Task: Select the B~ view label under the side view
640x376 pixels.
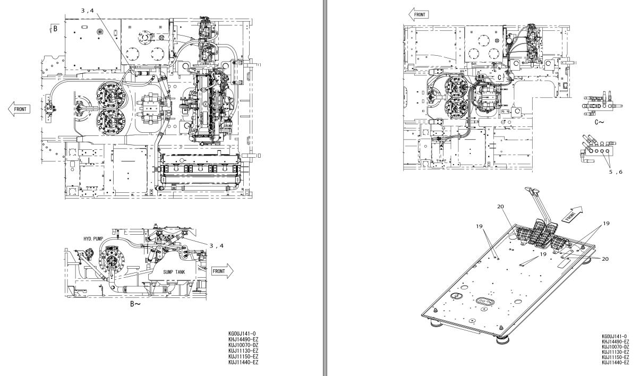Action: (x=135, y=305)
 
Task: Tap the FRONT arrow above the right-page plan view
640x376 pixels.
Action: (x=418, y=14)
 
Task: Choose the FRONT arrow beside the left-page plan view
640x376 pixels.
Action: (x=19, y=108)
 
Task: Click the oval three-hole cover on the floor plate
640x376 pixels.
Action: (x=485, y=302)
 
